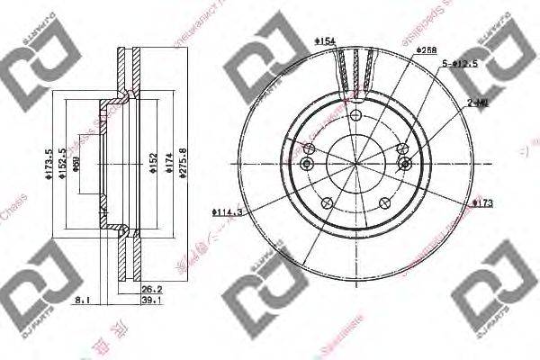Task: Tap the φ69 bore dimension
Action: (x=78, y=163)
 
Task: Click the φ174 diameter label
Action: (x=166, y=163)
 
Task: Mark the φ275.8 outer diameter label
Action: (x=182, y=163)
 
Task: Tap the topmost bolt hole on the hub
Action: (x=356, y=117)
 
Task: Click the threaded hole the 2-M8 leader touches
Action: (x=405, y=163)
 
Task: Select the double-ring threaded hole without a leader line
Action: (x=308, y=163)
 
